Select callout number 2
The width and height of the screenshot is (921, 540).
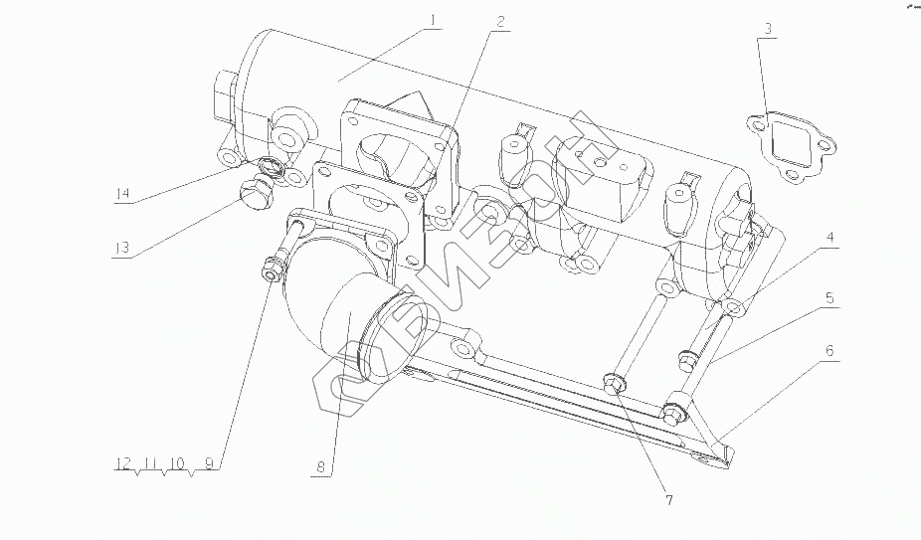tap(500, 20)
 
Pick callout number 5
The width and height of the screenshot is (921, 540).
tap(828, 298)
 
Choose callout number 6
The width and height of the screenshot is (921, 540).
tap(829, 351)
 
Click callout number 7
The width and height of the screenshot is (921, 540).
tap(668, 500)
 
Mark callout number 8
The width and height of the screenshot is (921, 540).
tap(320, 465)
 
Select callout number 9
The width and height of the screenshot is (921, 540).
tap(209, 462)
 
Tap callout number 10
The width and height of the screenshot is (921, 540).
tap(177, 462)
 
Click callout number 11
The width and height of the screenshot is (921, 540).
tap(150, 462)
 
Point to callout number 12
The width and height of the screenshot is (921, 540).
tap(122, 462)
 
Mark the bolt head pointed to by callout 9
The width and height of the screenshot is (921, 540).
tap(271, 270)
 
